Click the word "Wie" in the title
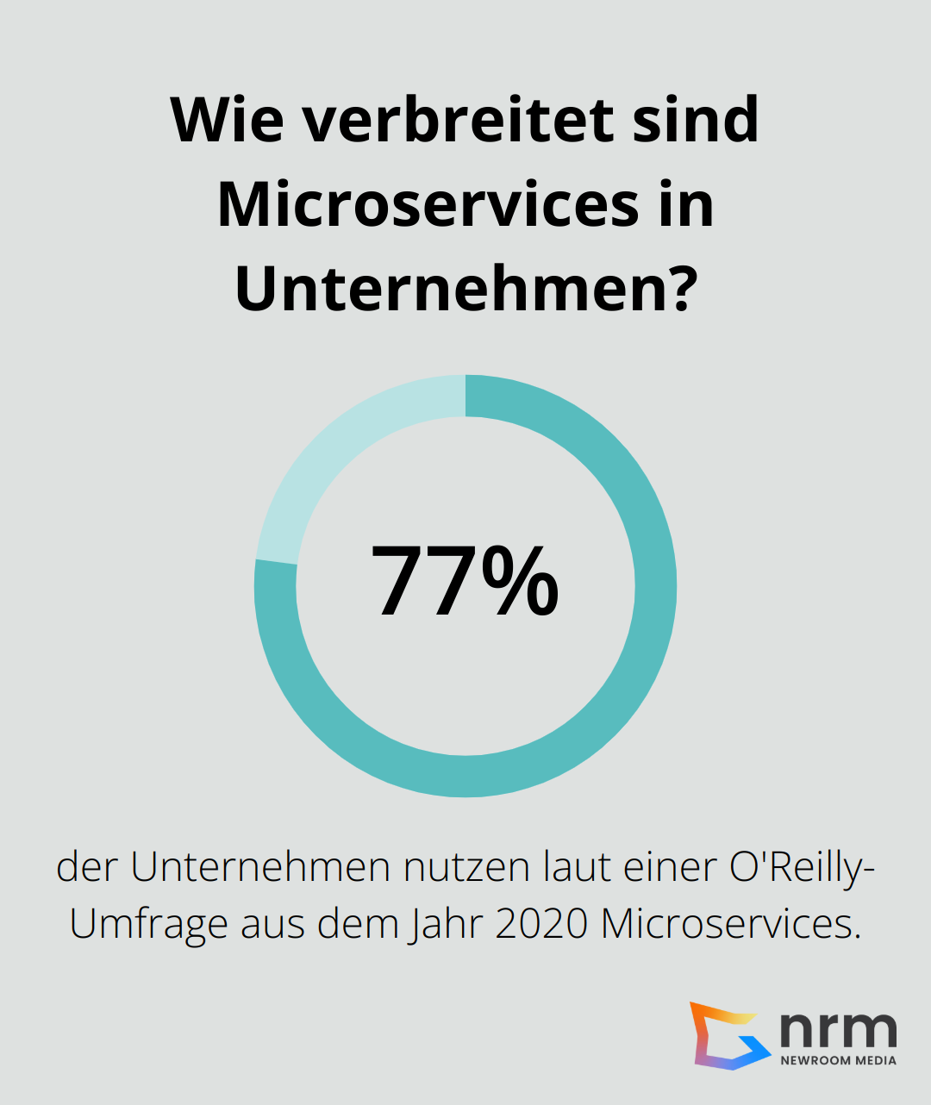point(228,120)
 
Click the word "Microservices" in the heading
point(428,204)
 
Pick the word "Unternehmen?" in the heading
point(465,289)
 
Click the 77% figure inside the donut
point(465,582)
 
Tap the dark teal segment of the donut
point(603,690)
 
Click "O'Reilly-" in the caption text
point(802,867)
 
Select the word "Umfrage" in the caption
point(147,923)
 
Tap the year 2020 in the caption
point(541,923)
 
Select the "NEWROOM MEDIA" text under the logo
point(838,1060)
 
